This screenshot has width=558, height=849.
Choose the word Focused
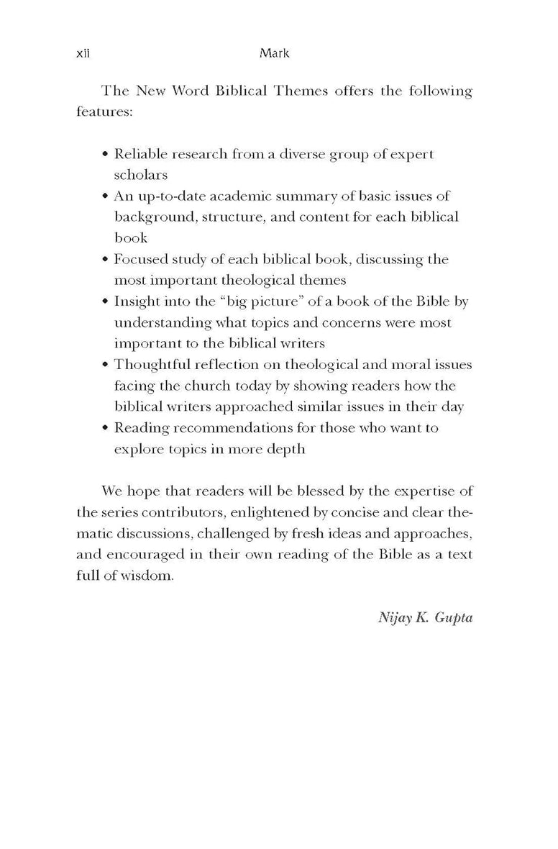click(140, 259)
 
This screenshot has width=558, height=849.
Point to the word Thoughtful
click(151, 364)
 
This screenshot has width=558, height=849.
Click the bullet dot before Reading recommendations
click(106, 428)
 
